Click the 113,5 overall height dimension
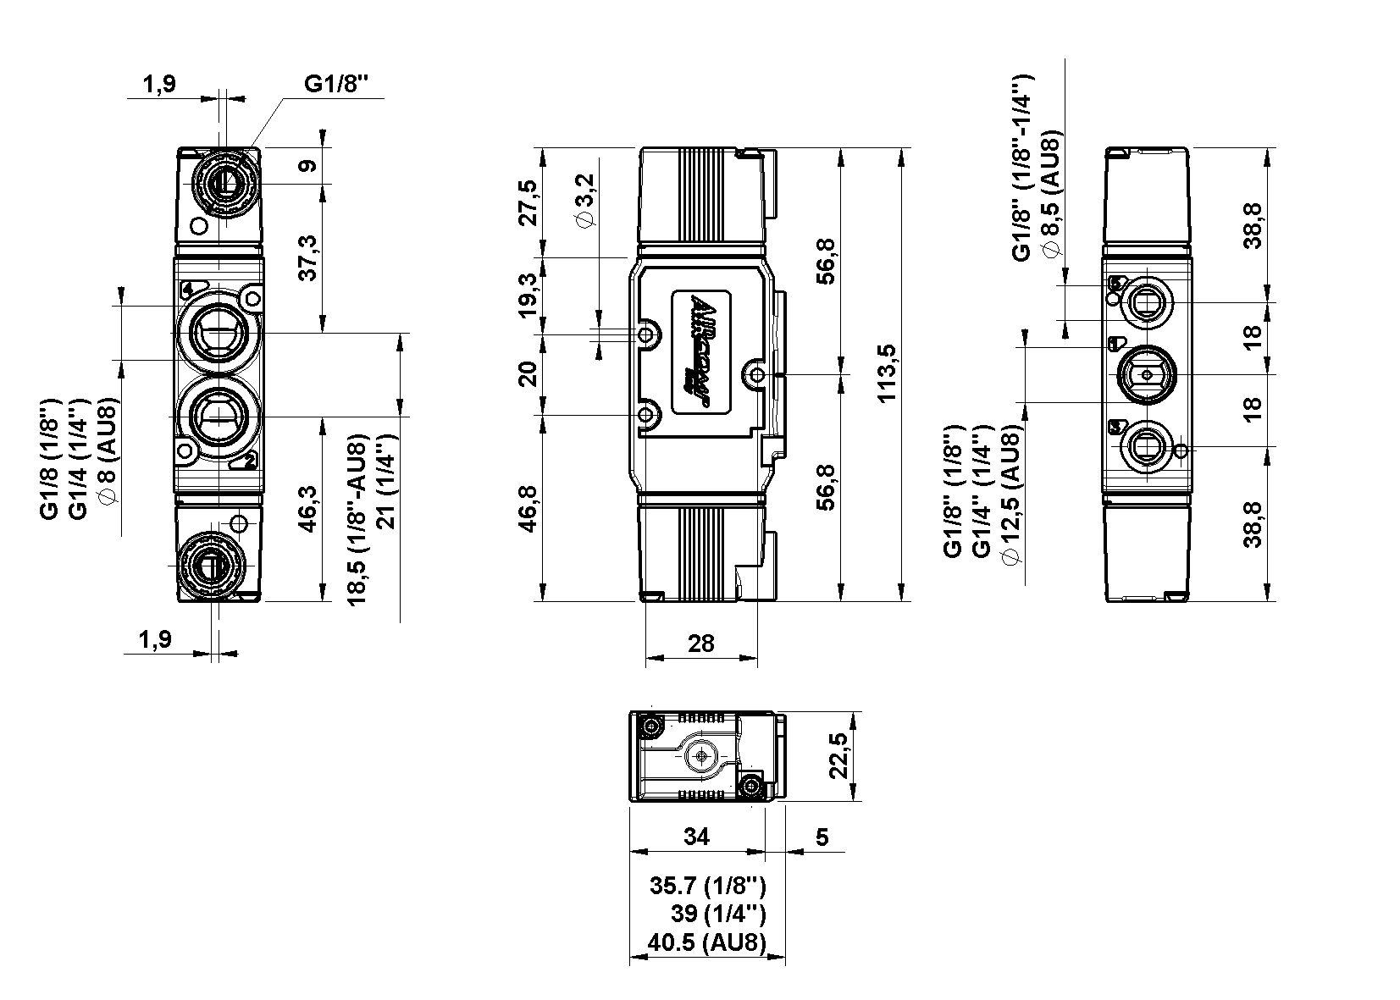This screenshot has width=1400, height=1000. point(887,373)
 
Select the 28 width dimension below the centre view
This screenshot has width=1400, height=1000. point(701,643)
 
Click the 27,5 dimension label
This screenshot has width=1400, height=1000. point(528,202)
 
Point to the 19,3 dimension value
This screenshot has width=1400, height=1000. point(528,295)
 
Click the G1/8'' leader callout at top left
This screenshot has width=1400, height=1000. point(337,85)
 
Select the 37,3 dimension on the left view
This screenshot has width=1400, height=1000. point(308,258)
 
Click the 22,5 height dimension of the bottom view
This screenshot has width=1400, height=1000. point(838,755)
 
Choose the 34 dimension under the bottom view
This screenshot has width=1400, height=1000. point(696,837)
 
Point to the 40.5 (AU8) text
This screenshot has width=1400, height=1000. point(706,942)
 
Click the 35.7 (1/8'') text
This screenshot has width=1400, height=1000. point(708,886)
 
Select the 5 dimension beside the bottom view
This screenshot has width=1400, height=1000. point(822,837)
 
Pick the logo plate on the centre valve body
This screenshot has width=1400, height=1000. point(702,353)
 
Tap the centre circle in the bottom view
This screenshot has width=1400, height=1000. point(701,754)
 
